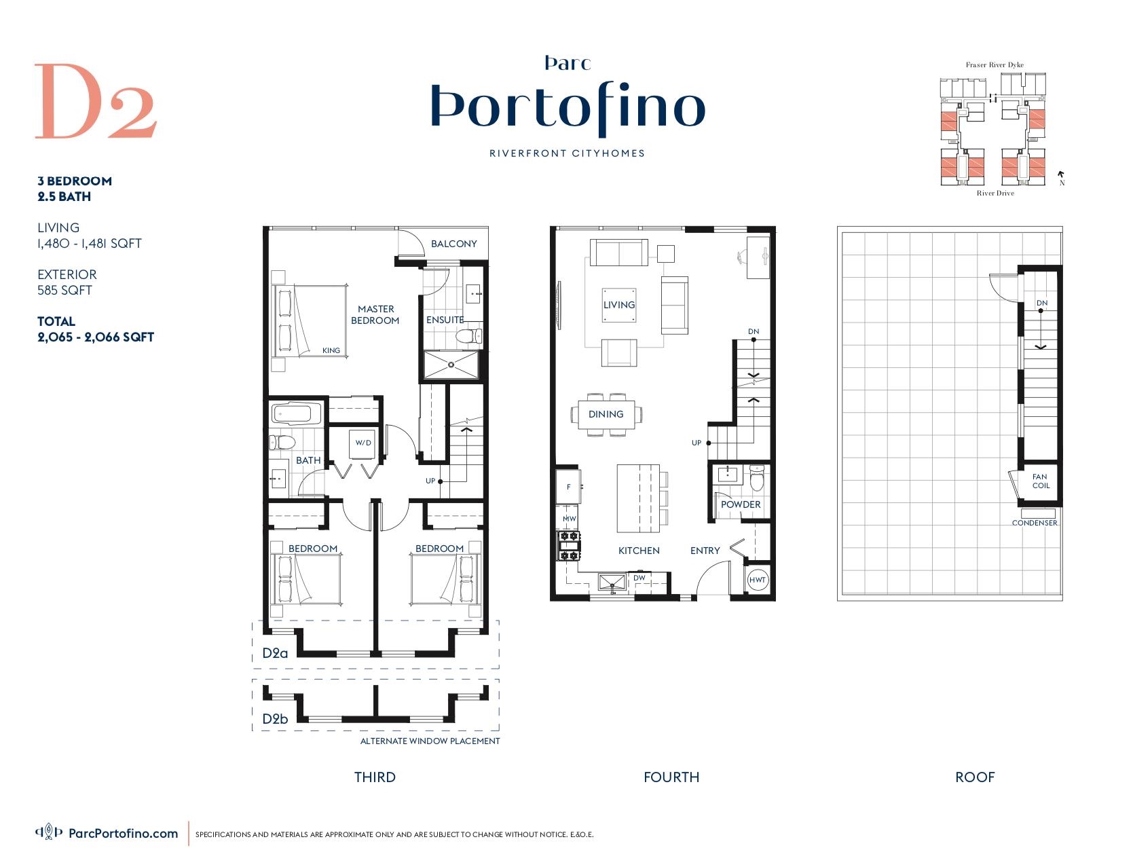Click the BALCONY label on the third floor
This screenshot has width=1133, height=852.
tap(453, 244)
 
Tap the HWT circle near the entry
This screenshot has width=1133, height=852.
tap(757, 580)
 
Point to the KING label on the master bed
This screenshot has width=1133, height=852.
tap(331, 350)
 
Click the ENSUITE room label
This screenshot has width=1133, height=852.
tap(445, 320)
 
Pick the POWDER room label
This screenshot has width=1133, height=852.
tap(740, 504)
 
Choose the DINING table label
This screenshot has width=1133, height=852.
tap(606, 414)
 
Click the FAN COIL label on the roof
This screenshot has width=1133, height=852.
tap(1041, 481)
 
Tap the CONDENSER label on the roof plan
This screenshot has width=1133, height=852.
tap(1035, 523)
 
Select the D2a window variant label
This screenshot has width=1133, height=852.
tap(275, 653)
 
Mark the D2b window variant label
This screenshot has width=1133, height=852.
tap(275, 718)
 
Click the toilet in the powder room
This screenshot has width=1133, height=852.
tap(757, 478)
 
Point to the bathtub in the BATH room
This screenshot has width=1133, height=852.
tap(297, 414)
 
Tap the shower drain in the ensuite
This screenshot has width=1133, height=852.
tap(451, 365)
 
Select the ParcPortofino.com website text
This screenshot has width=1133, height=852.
tap(124, 833)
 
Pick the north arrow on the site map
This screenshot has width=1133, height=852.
tap(1061, 174)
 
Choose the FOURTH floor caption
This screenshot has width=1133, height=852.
tap(671, 777)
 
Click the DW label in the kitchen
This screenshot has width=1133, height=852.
tap(639, 578)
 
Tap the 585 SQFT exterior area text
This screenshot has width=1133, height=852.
tap(64, 290)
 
